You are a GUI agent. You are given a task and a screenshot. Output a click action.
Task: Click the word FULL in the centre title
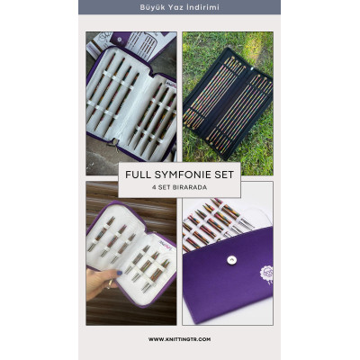pyautogui.click(x=136, y=175)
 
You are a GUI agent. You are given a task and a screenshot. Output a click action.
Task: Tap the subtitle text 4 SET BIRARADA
pyautogui.click(x=179, y=188)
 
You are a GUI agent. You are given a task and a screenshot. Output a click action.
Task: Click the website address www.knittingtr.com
pyautogui.click(x=179, y=339)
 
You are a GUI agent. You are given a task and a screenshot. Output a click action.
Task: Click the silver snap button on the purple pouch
pyautogui.click(x=231, y=260)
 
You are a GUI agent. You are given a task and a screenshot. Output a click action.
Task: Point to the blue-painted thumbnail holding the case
pyautogui.click(x=119, y=273)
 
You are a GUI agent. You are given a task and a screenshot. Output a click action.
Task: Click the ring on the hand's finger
pyautogui.click(x=111, y=283)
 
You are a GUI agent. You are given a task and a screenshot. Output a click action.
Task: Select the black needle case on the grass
pyautogui.click(x=228, y=103)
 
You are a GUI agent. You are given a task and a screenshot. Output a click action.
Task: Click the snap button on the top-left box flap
pyautogui.click(x=120, y=40)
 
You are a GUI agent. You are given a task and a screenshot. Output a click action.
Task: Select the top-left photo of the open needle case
pyautogui.click(x=131, y=103)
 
